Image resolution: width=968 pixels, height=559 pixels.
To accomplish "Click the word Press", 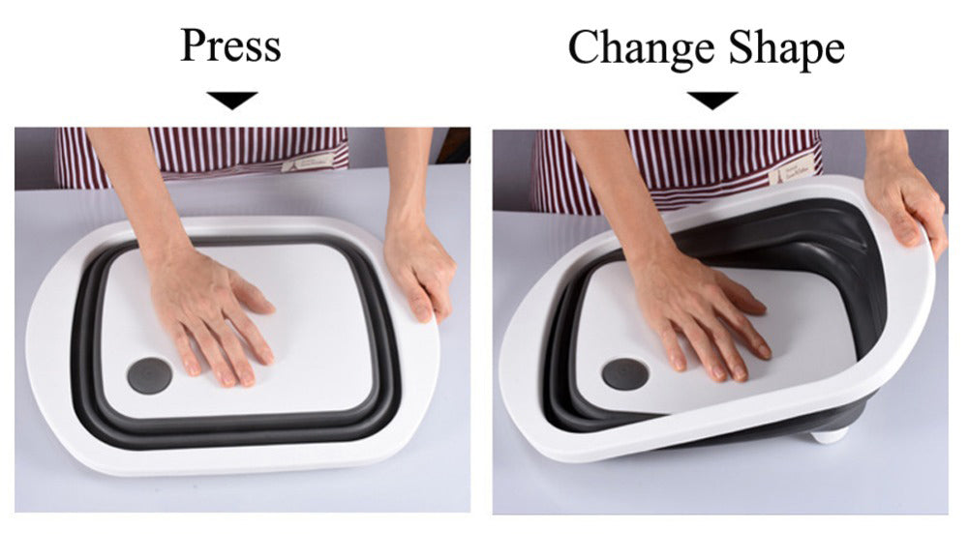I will coord(230,45).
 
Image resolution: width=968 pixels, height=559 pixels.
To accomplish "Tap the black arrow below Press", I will coord(232,100).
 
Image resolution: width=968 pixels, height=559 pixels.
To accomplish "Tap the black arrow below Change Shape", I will coord(712,100).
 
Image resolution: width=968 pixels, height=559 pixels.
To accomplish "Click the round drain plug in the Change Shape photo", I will coord(624,373).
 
